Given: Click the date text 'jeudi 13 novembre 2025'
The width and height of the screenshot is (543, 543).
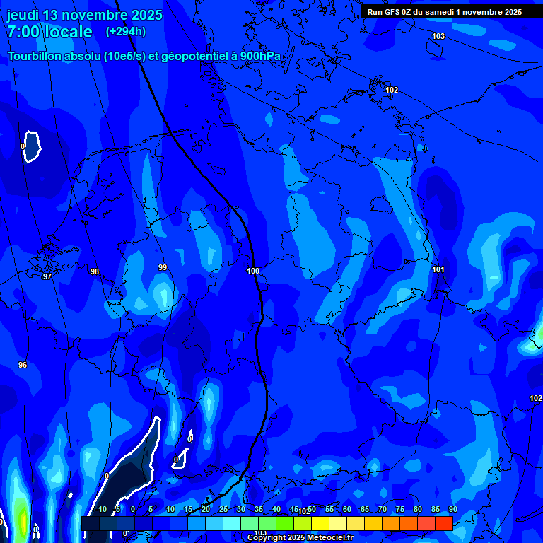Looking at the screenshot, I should tap(85, 15).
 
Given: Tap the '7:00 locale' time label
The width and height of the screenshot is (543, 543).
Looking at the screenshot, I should tap(49, 32).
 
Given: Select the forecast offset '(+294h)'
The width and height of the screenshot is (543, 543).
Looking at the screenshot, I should tap(126, 32).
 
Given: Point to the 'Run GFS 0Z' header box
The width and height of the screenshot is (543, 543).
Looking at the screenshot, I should tap(445, 12).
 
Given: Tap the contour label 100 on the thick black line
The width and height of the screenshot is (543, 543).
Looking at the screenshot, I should tap(253, 271).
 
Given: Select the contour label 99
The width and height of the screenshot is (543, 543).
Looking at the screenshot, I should tap(163, 267).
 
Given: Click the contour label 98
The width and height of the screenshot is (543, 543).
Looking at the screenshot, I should tap(95, 271).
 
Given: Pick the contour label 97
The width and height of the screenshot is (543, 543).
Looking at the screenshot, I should tap(47, 276).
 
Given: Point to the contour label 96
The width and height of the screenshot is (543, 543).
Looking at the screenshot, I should tap(23, 365).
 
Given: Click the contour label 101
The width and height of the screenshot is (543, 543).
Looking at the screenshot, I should tap(438, 269).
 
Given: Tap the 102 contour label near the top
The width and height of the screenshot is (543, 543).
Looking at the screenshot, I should tap(392, 90).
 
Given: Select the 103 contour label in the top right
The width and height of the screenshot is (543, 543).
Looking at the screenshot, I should tap(438, 36).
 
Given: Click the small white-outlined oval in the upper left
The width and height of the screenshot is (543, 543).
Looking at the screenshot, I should tap(31, 146).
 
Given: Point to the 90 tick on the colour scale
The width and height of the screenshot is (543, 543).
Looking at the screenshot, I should tap(452, 509).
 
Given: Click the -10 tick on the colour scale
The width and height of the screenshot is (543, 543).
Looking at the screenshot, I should tap(101, 509).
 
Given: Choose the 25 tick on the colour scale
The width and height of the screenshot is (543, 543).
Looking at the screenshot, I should tap(223, 509).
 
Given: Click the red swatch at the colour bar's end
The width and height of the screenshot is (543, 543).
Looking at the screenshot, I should tap(443, 523).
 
